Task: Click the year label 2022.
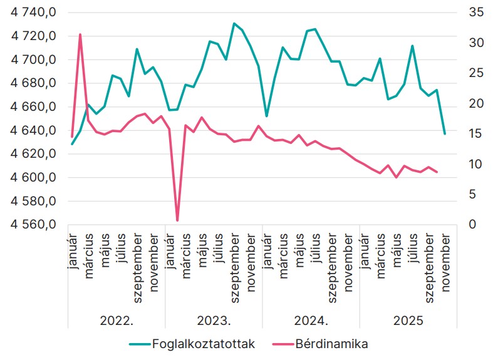117,321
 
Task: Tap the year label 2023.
214,321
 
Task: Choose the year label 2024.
311,321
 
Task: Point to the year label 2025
408,321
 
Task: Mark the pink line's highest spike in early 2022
80,34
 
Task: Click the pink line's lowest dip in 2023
177,220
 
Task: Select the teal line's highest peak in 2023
234,24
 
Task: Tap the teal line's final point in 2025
445,134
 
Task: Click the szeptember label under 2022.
137,268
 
